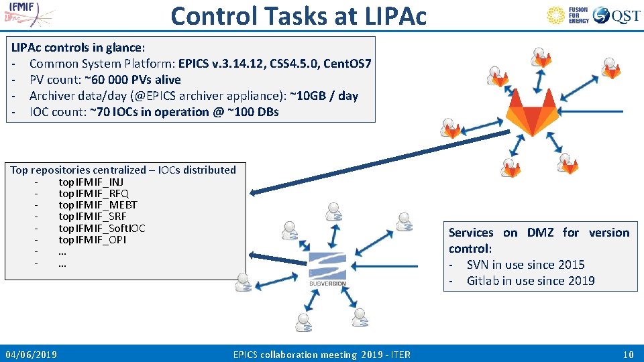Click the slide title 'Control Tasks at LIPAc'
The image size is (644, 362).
coord(299,15)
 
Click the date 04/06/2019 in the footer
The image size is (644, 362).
coord(31,354)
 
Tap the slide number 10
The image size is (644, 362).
coord(628,354)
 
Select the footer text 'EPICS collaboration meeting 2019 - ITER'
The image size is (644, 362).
coord(321,354)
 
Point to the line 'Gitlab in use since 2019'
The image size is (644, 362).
coord(530,281)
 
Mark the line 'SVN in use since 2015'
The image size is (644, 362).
coord(525,265)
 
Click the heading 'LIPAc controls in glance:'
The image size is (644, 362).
coord(78,48)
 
